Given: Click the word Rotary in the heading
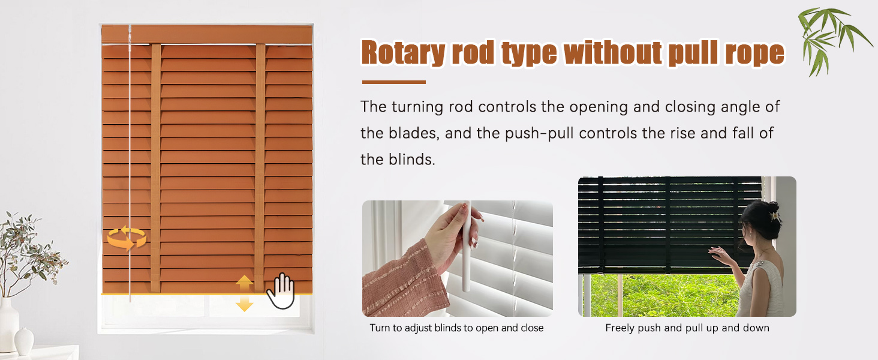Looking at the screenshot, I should coord(403,53).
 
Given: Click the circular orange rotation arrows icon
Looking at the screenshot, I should coord(127,238).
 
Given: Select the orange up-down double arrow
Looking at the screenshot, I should coord(244,293).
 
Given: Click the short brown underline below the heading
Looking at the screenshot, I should coord(393,82).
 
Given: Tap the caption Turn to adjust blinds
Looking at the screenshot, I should coord(456,328).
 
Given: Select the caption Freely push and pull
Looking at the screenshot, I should coord(687,328).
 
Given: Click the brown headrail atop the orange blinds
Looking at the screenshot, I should coord(207,34).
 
